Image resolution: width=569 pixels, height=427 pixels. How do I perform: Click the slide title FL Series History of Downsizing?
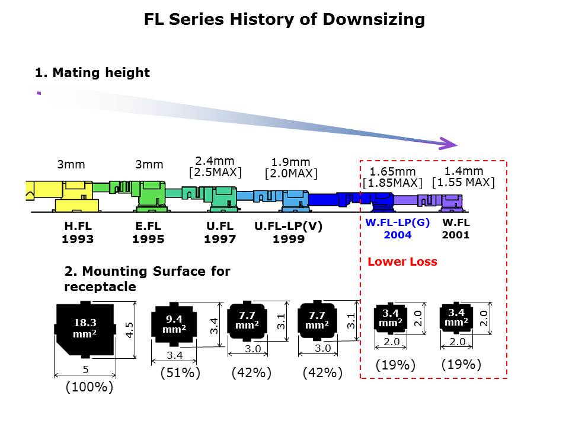284,20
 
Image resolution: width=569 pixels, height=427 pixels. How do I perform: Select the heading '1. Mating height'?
92,73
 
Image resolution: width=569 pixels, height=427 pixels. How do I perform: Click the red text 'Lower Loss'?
402,262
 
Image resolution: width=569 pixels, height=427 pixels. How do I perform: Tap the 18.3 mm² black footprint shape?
85,330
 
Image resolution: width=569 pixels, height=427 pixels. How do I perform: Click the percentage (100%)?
88,387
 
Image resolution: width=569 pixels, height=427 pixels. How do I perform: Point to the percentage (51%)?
181,373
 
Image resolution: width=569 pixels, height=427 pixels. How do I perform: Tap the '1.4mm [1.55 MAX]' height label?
463,176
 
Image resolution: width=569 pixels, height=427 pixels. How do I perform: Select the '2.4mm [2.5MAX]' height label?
215,167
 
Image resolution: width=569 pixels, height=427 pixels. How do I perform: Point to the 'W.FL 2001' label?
455,229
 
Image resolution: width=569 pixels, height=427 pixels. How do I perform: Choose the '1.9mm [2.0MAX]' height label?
290,167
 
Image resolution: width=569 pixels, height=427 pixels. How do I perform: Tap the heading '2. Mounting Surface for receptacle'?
147,279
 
